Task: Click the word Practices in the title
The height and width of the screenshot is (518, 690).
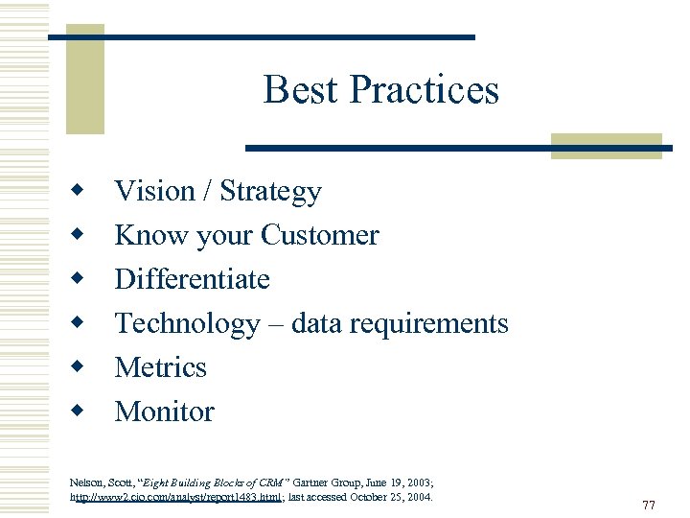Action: pos(424,89)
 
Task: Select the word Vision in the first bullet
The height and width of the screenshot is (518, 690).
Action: pos(154,191)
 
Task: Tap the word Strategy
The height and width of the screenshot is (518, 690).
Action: pos(270,192)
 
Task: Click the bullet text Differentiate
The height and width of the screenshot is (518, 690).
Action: pos(192,279)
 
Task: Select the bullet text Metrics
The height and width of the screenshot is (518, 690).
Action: pos(160,367)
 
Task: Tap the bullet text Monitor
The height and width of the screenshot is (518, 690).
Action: pos(164,412)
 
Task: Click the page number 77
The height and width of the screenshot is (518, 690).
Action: pos(649,505)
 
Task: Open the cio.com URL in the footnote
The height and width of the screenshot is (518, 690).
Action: pos(176,497)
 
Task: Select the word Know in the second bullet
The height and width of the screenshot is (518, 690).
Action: pos(137,235)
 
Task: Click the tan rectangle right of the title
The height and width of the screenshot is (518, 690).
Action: pos(607,145)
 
